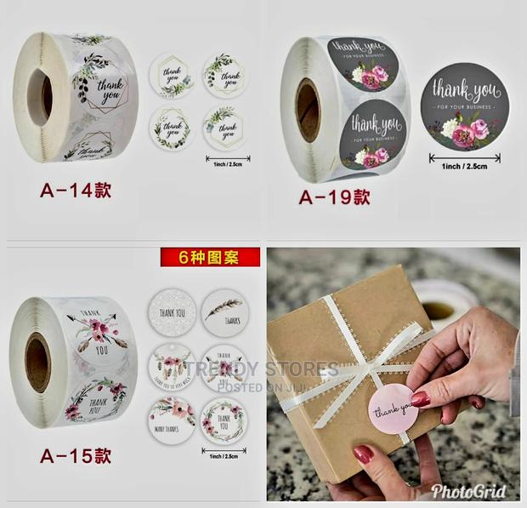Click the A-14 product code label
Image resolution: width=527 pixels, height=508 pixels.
coord(75,189)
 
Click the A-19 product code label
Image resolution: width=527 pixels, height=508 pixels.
coord(334,197)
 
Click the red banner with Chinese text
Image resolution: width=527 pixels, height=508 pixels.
coord(210,256)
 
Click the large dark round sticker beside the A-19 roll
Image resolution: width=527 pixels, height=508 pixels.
coord(464,107)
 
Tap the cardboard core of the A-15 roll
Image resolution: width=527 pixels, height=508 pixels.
coord(37,362)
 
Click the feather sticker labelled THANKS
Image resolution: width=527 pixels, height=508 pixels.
coord(225,312)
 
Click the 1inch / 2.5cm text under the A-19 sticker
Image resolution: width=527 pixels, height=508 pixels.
coord(464,166)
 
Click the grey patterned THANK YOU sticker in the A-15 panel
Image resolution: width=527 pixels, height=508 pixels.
coord(172,312)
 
